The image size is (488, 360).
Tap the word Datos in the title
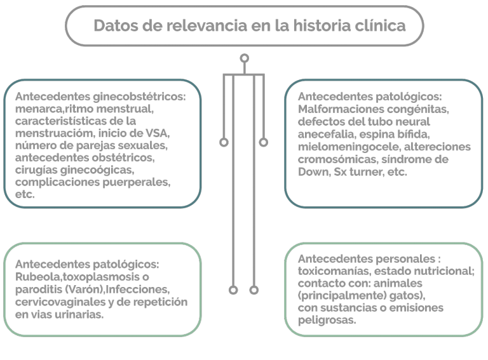116,25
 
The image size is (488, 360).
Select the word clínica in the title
380,25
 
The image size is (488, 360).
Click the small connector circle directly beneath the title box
244,58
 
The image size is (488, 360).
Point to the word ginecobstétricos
139,97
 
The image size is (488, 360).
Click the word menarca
39,109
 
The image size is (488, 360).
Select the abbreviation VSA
157,133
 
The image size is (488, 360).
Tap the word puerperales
137,182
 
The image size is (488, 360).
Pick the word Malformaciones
339,109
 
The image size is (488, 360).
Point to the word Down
314,172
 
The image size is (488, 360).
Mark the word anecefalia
327,135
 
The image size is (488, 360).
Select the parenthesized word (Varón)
85,290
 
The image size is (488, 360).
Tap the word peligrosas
327,320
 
